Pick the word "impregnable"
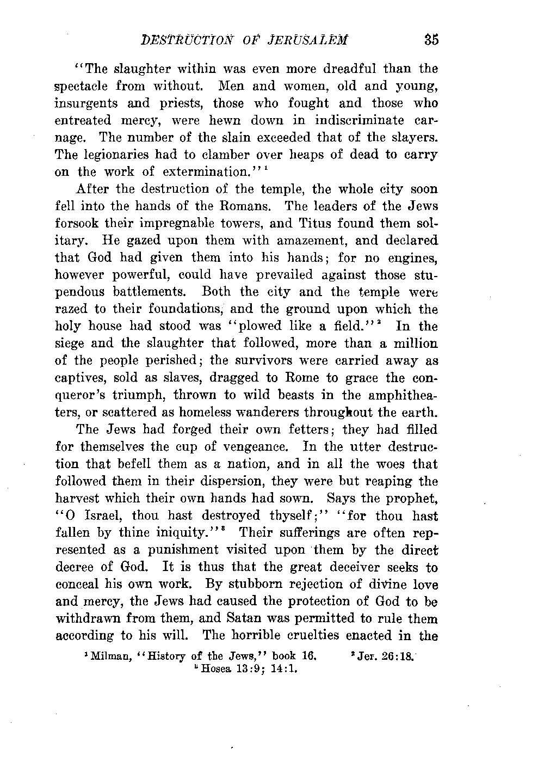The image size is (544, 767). pyautogui.click(x=200, y=224)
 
